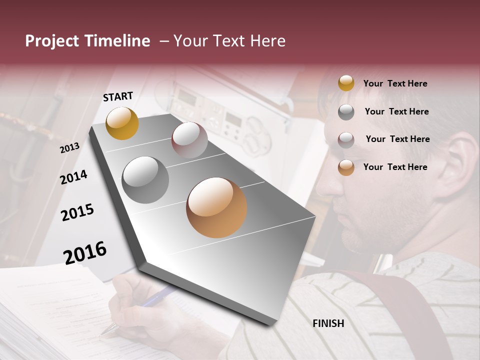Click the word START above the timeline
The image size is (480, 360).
pyautogui.click(x=118, y=96)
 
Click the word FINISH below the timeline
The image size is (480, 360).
pyautogui.click(x=328, y=323)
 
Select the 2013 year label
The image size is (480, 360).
pyautogui.click(x=69, y=148)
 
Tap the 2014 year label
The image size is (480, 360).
pyautogui.click(x=73, y=177)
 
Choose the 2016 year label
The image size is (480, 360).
pyautogui.click(x=85, y=253)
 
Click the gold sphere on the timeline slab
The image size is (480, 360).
pyautogui.click(x=122, y=123)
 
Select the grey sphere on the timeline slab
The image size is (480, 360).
pyautogui.click(x=145, y=180)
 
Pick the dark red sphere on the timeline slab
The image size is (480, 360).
pyautogui.click(x=189, y=140)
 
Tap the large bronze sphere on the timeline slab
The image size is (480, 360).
pyautogui.click(x=216, y=207)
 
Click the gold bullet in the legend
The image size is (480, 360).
pyautogui.click(x=346, y=83)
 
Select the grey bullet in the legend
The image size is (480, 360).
pyautogui.click(x=346, y=112)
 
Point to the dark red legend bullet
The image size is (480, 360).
pyautogui.click(x=346, y=140)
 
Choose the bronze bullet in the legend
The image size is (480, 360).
pyautogui.click(x=346, y=167)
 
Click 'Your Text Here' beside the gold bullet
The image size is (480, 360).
pyautogui.click(x=395, y=83)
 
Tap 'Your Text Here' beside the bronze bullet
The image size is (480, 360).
pyautogui.click(x=395, y=167)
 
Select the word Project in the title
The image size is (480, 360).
pyautogui.click(x=51, y=41)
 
